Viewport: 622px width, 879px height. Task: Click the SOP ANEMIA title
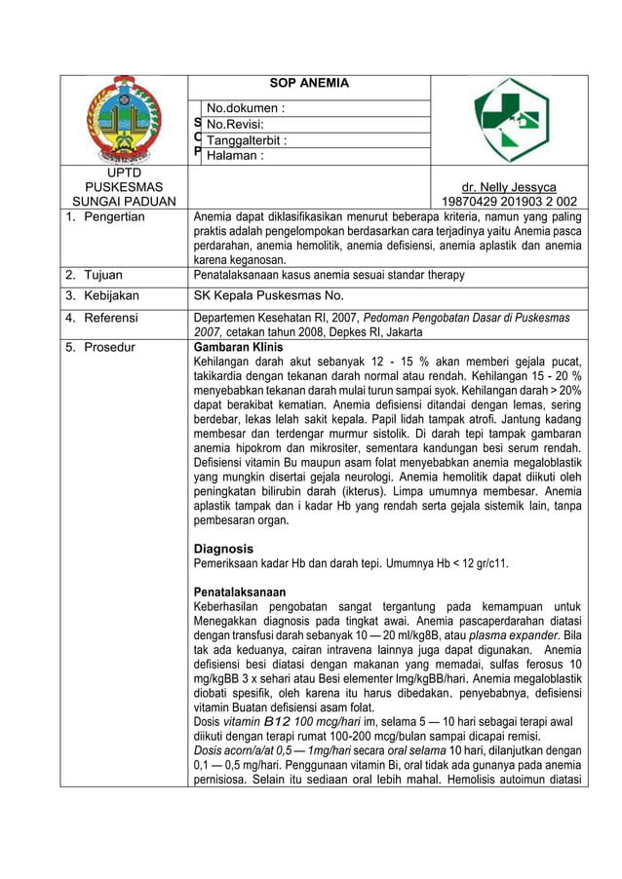click(x=308, y=84)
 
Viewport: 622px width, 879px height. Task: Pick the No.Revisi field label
click(x=235, y=124)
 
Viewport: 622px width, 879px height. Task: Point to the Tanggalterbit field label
click(x=247, y=139)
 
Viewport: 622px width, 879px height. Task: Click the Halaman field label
click(x=234, y=155)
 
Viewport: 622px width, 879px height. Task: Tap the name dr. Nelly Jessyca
click(x=509, y=187)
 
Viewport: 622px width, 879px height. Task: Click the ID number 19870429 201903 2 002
click(x=509, y=202)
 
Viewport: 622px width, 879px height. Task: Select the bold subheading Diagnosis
click(x=224, y=549)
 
